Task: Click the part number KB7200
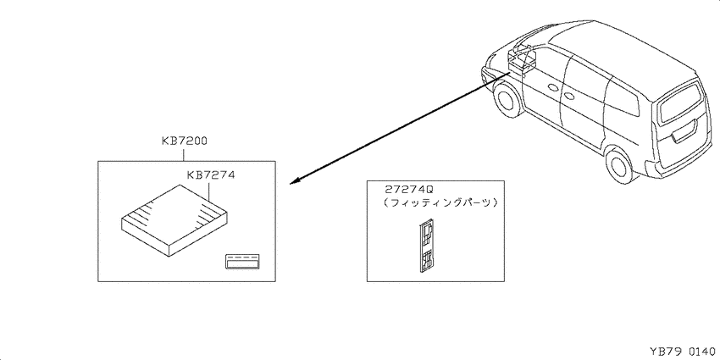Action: pyautogui.click(x=184, y=141)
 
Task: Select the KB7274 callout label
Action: pyautogui.click(x=211, y=175)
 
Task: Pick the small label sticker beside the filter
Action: pyautogui.click(x=242, y=260)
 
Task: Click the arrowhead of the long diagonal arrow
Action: pyautogui.click(x=295, y=181)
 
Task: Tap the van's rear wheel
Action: pyautogui.click(x=619, y=164)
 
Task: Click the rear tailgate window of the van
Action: pyautogui.click(x=680, y=104)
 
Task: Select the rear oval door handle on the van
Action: pyautogui.click(x=569, y=97)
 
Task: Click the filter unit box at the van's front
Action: pyautogui.click(x=522, y=61)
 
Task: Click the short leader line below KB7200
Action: pyautogui.click(x=184, y=153)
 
